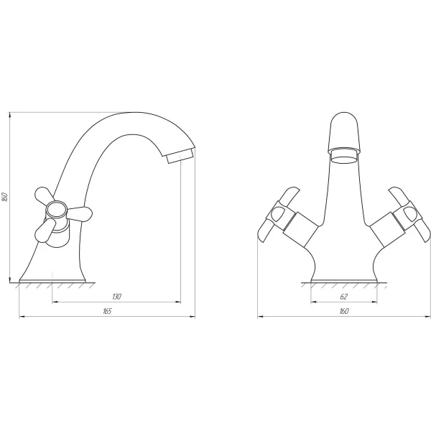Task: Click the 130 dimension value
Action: pos(117,297)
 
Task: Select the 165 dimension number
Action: pos(107,311)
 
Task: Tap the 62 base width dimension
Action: pos(344,297)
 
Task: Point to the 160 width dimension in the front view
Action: pos(344,311)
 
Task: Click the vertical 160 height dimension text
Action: pos(5,197)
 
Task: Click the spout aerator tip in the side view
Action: pos(181,156)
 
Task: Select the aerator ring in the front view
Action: pos(343,156)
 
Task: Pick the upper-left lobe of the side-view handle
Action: pos(44,195)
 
